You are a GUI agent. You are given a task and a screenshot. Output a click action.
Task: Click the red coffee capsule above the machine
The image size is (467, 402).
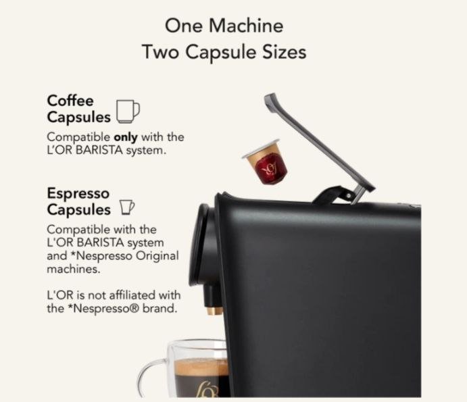point(264,161)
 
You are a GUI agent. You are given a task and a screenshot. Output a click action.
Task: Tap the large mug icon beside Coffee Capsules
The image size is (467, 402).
point(128,111)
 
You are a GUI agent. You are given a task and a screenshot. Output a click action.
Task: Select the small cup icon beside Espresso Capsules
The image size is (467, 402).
point(127,207)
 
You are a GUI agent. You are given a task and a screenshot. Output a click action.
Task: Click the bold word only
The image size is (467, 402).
point(126,137)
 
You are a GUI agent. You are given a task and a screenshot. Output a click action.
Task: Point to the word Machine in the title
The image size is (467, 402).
point(246,26)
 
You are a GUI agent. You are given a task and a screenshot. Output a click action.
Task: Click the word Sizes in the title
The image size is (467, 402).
point(284,52)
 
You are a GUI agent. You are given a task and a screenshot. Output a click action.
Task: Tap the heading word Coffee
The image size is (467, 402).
point(70,101)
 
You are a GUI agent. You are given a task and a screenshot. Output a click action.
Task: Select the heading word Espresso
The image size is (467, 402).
point(78,193)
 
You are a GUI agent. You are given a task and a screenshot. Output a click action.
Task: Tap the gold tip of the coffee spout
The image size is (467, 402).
point(214,311)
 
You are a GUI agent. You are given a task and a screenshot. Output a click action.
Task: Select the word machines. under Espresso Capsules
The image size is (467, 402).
point(74,269)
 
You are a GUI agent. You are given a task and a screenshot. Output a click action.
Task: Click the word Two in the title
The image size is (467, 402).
point(160,52)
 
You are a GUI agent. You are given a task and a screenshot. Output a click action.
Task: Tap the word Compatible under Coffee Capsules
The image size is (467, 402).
point(78,137)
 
